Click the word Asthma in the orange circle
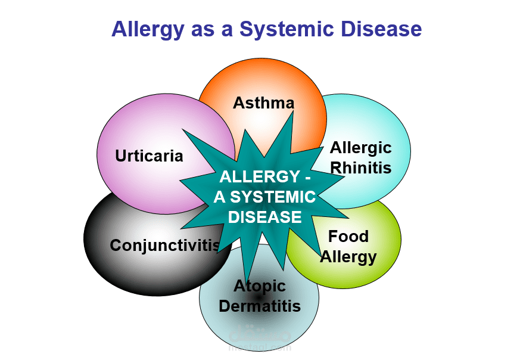(264, 103)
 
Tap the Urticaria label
(150, 156)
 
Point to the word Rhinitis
(361, 167)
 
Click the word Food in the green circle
(348, 237)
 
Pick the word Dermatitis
(260, 306)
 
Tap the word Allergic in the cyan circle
(361, 148)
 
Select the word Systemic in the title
(287, 30)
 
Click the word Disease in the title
(381, 29)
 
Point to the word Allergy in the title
(148, 30)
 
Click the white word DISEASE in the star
(264, 218)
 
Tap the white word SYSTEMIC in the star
(273, 197)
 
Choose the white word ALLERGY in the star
(260, 176)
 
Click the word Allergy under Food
(348, 257)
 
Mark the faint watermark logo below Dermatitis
(260, 334)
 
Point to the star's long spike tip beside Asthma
(293, 112)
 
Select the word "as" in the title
(203, 31)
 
